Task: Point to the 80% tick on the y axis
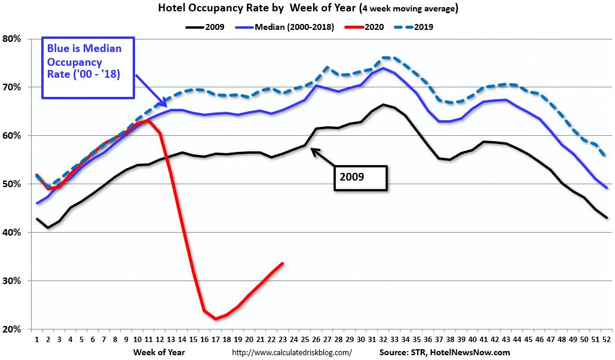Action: [x=12, y=39]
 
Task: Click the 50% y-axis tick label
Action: [x=12, y=184]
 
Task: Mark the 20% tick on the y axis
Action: [x=12, y=330]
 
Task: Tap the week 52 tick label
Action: [x=607, y=340]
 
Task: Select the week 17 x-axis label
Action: [x=216, y=340]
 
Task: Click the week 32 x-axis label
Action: [x=383, y=340]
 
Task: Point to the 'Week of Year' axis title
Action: [x=159, y=352]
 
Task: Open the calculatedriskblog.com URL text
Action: [x=291, y=353]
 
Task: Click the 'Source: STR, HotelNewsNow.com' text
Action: [x=445, y=353]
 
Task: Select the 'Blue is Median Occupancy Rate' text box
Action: [x=88, y=68]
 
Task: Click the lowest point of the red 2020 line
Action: [x=216, y=319]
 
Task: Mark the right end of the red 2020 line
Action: [x=283, y=263]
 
